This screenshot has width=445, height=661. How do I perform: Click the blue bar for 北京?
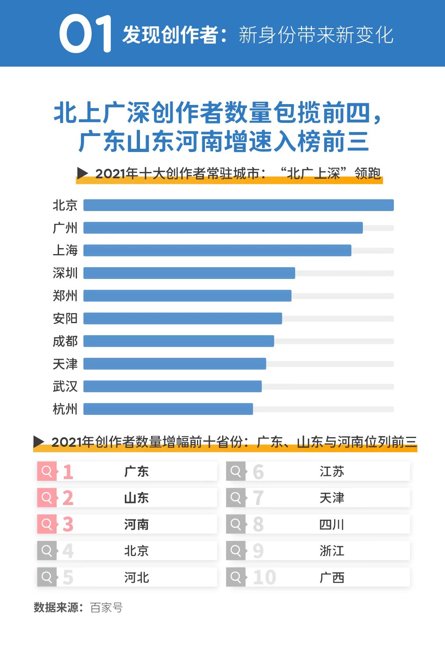click(x=238, y=205)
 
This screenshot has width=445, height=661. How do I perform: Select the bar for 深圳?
click(x=189, y=273)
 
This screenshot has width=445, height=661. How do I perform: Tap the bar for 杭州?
click(x=168, y=409)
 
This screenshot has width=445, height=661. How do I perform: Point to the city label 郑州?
click(x=65, y=296)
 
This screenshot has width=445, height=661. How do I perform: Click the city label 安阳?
click(x=65, y=318)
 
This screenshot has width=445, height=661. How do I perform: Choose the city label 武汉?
click(x=65, y=386)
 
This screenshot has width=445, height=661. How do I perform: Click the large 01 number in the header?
click(x=85, y=34)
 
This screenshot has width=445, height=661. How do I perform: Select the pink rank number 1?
click(x=68, y=472)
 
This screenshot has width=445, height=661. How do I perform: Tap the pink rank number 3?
click(x=68, y=525)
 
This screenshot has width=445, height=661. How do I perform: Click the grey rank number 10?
click(x=264, y=577)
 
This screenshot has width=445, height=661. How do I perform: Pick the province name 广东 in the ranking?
click(x=136, y=472)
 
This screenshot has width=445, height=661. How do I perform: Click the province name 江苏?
click(x=332, y=472)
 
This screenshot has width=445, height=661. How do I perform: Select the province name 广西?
click(x=332, y=577)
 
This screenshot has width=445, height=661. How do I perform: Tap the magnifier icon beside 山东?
click(x=47, y=498)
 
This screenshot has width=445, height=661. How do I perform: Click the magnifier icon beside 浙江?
click(x=236, y=551)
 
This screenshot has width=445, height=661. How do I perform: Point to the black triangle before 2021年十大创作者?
click(x=82, y=173)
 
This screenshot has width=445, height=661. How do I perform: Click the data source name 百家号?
click(x=106, y=608)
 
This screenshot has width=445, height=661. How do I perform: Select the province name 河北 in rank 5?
click(x=136, y=577)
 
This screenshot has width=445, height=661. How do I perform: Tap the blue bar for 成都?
click(x=178, y=341)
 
